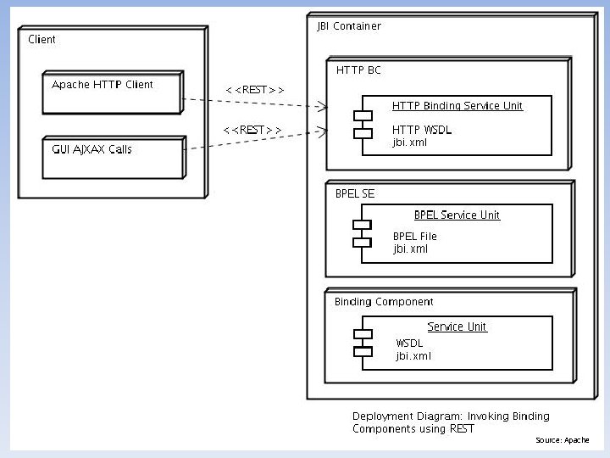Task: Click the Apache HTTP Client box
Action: [x=113, y=92]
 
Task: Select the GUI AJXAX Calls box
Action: [x=113, y=158]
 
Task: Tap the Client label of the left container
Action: [x=42, y=40]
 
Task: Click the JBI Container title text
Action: [x=348, y=26]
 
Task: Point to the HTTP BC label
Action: [x=358, y=70]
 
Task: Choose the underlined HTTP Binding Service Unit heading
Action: [x=457, y=106]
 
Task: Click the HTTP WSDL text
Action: [x=422, y=129]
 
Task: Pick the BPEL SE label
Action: [x=354, y=193]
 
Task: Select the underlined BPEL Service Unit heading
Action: [x=457, y=215]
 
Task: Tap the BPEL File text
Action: [x=415, y=236]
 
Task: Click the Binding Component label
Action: [x=383, y=301]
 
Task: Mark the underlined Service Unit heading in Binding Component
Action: [x=457, y=327]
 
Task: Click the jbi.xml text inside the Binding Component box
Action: [x=413, y=356]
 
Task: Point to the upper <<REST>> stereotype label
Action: [x=254, y=90]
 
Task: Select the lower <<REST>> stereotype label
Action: [x=252, y=129]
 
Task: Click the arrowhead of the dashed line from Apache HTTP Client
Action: [x=323, y=108]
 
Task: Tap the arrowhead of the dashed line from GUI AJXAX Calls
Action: [x=323, y=131]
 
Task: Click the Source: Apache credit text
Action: [x=562, y=440]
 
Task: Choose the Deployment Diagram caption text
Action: [x=451, y=422]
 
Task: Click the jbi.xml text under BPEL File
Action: [x=411, y=249]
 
